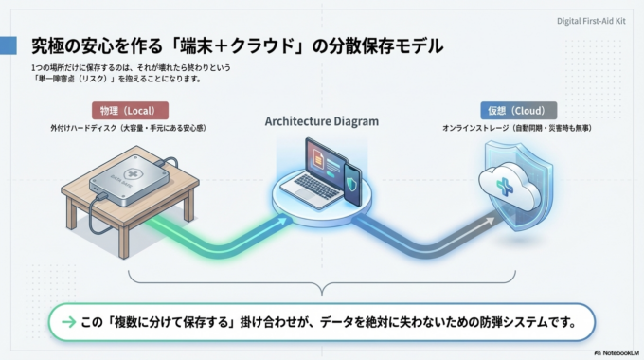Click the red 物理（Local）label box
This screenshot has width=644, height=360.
click(130, 110)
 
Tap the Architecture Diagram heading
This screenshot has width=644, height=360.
click(322, 121)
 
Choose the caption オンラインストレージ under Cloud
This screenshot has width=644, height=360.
click(477, 128)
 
